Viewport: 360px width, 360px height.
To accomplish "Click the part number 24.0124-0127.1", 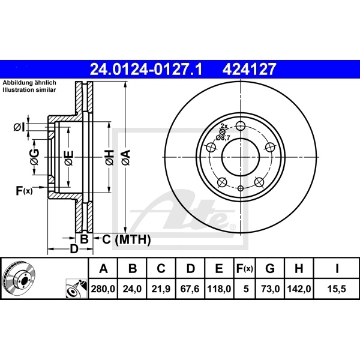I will (146, 70).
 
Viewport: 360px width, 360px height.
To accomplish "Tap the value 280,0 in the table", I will (103, 289).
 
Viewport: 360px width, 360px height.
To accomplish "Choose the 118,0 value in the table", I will (220, 289).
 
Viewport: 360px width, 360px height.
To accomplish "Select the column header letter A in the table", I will (103, 268).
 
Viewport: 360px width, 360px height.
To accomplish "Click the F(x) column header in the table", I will (245, 268).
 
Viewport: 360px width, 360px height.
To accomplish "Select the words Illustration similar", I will (28, 89).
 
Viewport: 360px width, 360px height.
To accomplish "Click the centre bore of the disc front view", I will (239, 158).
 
